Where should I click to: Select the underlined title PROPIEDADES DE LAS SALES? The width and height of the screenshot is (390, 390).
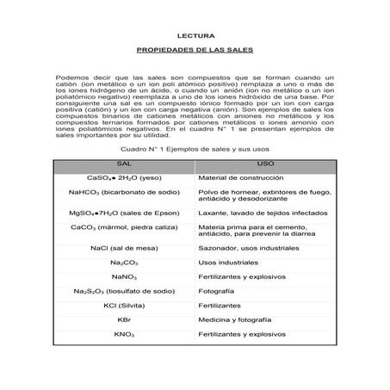tap(195, 51)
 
